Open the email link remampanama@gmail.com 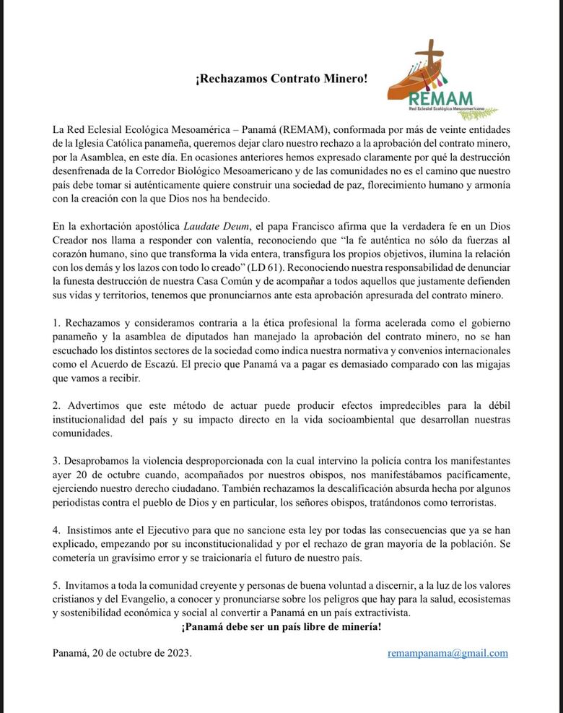coord(448,653)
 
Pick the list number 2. coord(56,405)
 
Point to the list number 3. coord(56,460)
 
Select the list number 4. coord(56,530)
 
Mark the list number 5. coord(56,584)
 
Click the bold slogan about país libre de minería coord(281,626)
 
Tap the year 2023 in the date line coord(176,653)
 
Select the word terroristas coord(468,502)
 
